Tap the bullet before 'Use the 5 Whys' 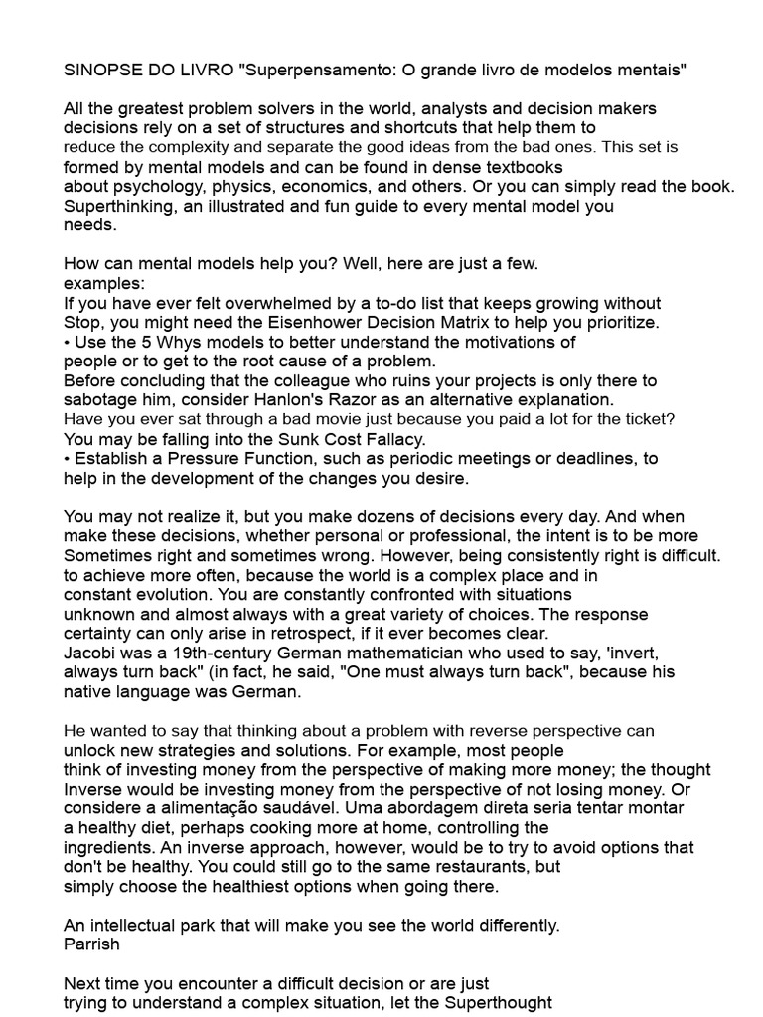click(68, 342)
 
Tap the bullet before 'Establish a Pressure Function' click(68, 458)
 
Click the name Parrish click(90, 944)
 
